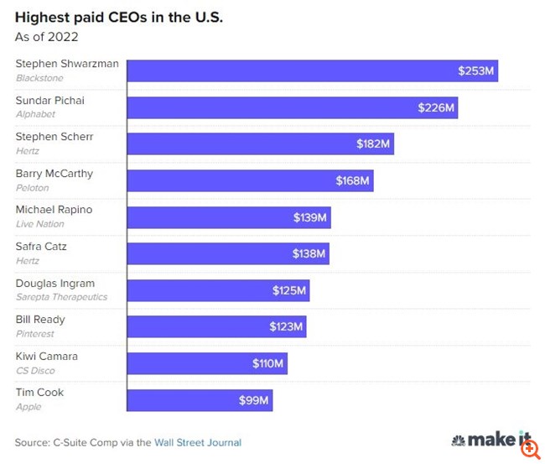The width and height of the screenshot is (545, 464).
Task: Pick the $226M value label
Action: click(x=436, y=107)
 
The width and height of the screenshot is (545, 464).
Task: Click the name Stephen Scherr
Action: click(x=54, y=137)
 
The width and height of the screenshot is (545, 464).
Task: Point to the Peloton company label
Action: click(x=33, y=188)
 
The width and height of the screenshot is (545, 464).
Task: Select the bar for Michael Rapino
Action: click(x=229, y=217)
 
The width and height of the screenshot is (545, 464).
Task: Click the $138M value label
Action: click(x=309, y=253)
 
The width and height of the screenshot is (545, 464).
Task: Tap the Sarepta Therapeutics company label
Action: click(x=61, y=297)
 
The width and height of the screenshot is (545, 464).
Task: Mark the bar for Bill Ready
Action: click(x=216, y=326)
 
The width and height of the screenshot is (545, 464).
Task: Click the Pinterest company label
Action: click(x=34, y=334)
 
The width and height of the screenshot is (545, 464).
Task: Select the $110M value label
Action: click(x=268, y=363)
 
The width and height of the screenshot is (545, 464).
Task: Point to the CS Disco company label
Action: click(x=35, y=370)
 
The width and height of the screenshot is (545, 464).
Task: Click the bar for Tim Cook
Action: click(x=200, y=400)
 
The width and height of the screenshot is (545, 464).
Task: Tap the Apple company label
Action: click(x=28, y=407)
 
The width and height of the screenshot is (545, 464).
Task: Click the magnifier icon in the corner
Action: click(x=529, y=449)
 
